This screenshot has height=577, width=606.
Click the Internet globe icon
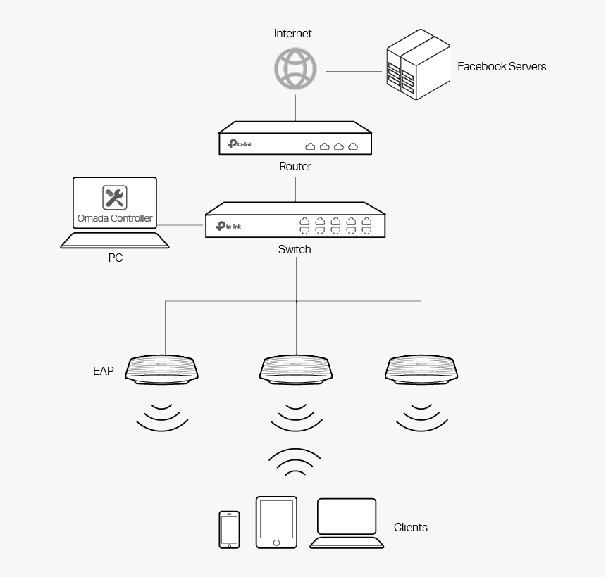tap(295, 69)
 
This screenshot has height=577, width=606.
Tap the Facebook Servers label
tap(501, 67)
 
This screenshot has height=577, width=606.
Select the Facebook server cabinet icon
tap(418, 65)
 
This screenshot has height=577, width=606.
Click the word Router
tap(295, 167)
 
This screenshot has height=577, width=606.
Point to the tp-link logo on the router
tap(240, 144)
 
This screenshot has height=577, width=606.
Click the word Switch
tap(295, 249)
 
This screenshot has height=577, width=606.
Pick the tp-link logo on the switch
tap(228, 226)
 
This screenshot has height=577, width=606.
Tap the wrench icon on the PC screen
tap(115, 197)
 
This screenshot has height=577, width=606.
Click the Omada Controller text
tap(115, 218)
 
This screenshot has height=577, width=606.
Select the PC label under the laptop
tap(115, 258)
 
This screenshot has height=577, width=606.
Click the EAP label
tap(103, 371)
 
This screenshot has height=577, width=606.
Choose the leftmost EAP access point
tap(162, 369)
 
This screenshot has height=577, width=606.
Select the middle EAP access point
tap(296, 369)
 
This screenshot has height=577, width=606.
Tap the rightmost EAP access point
tap(421, 369)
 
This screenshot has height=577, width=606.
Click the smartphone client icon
tap(229, 528)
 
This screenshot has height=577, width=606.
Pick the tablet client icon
tap(276, 522)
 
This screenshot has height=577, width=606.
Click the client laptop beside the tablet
tap(347, 523)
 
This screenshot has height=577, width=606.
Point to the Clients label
tap(410, 527)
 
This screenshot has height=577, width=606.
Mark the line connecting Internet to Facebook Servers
tap(353, 71)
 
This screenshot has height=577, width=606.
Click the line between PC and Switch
tap(182, 225)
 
